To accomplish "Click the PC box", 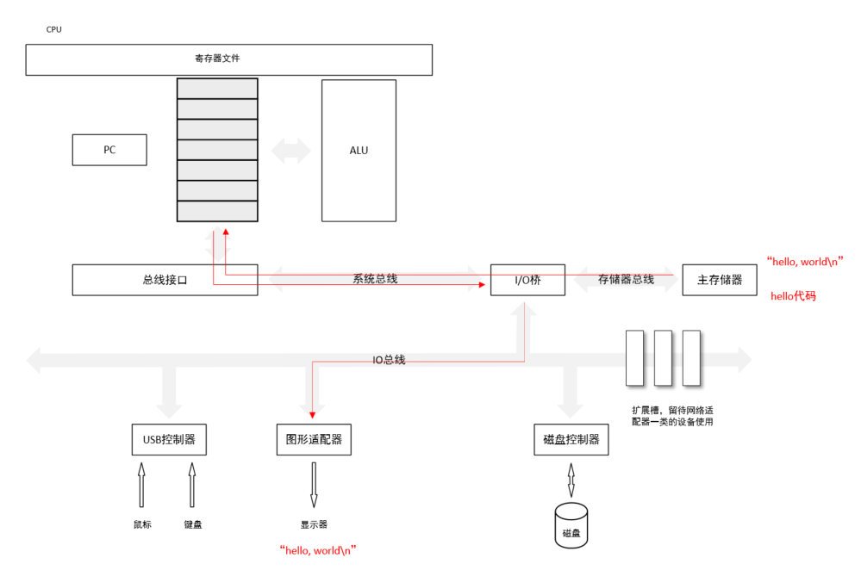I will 109,150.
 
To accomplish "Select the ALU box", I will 359,151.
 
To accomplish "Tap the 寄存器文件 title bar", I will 228,59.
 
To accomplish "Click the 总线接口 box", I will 165,280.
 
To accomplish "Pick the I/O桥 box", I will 527,280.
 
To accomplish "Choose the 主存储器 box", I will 720,280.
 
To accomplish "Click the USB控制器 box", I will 169,439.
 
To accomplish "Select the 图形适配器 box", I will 314,439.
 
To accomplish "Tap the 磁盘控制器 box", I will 571,440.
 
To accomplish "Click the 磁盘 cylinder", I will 571,525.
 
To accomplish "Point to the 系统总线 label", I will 375,279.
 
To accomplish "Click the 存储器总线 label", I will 626,279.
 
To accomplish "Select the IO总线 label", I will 389,360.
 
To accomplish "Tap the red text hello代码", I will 793,296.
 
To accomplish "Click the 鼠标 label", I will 141,524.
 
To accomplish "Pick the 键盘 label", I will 193,524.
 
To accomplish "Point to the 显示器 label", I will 314,524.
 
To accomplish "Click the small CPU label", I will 53,29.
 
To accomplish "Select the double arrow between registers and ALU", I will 290,151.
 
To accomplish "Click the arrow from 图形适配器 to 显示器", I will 314,484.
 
